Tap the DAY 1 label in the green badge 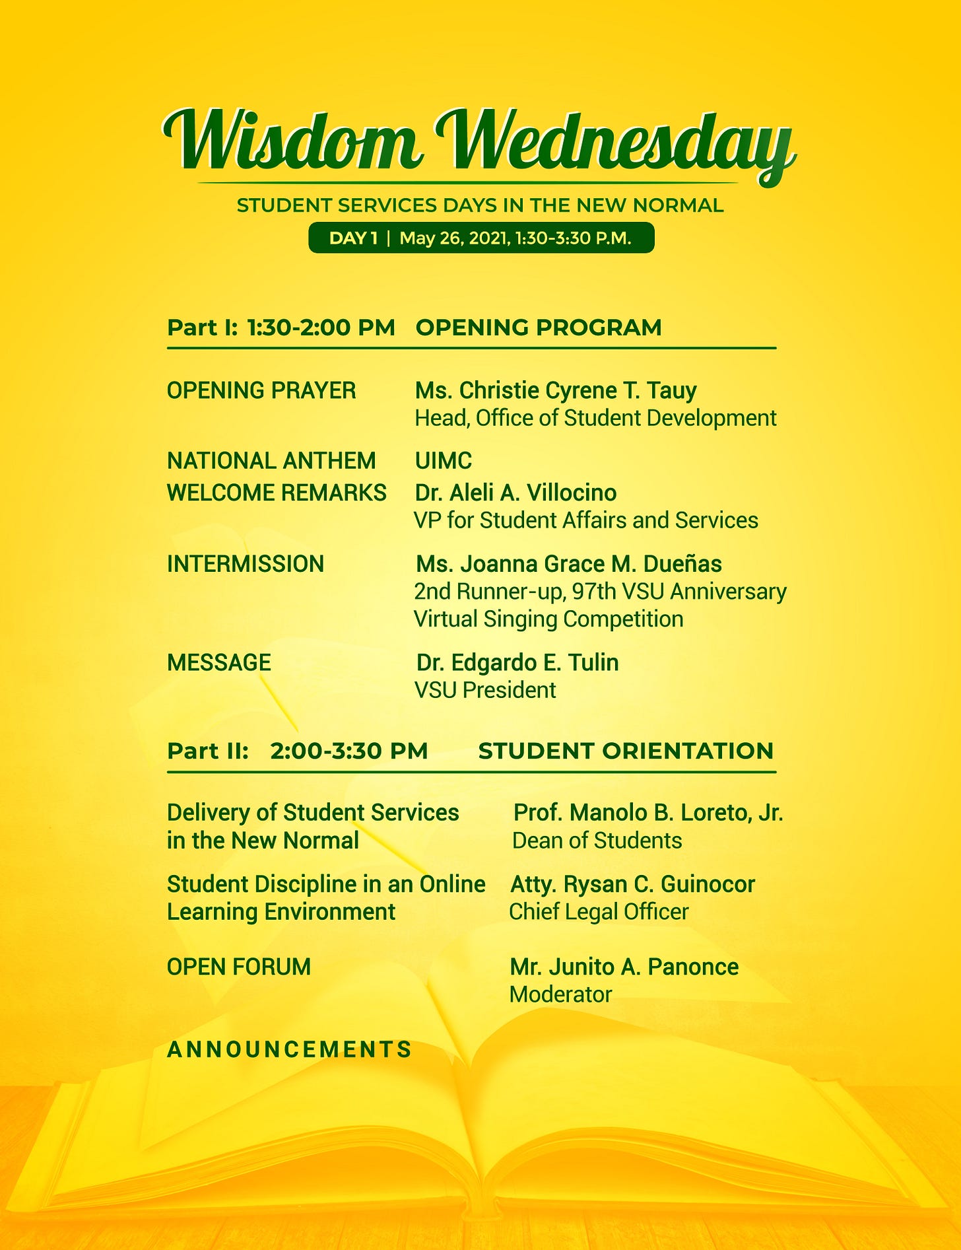(353, 238)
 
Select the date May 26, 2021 (454, 238)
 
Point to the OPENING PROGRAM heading (539, 327)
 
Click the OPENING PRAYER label (261, 390)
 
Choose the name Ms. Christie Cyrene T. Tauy (556, 390)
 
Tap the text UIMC (444, 460)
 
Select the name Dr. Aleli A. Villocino (515, 493)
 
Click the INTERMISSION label (246, 564)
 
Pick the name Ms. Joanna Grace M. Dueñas (569, 564)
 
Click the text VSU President (485, 690)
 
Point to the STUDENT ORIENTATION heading (626, 751)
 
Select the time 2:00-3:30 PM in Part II (349, 751)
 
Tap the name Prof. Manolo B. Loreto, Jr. (648, 812)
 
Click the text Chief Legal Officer (599, 912)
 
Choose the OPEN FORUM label (239, 967)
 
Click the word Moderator (561, 994)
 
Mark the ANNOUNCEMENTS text (289, 1049)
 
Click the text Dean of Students (597, 841)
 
